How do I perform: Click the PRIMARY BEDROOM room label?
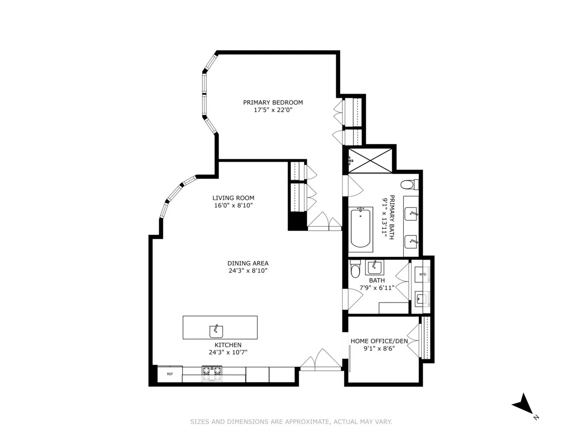tap(273, 102)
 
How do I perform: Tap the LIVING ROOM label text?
tap(233, 198)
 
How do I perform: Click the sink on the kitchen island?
tap(216, 331)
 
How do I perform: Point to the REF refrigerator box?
tap(170, 374)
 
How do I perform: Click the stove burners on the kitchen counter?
tap(212, 371)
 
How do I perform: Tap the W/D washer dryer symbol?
tap(423, 275)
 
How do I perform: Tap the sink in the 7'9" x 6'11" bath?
tap(374, 266)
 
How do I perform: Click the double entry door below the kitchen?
tap(321, 360)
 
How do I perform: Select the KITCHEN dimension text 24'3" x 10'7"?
tap(228, 352)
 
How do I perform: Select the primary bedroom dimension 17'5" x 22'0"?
tap(273, 110)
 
